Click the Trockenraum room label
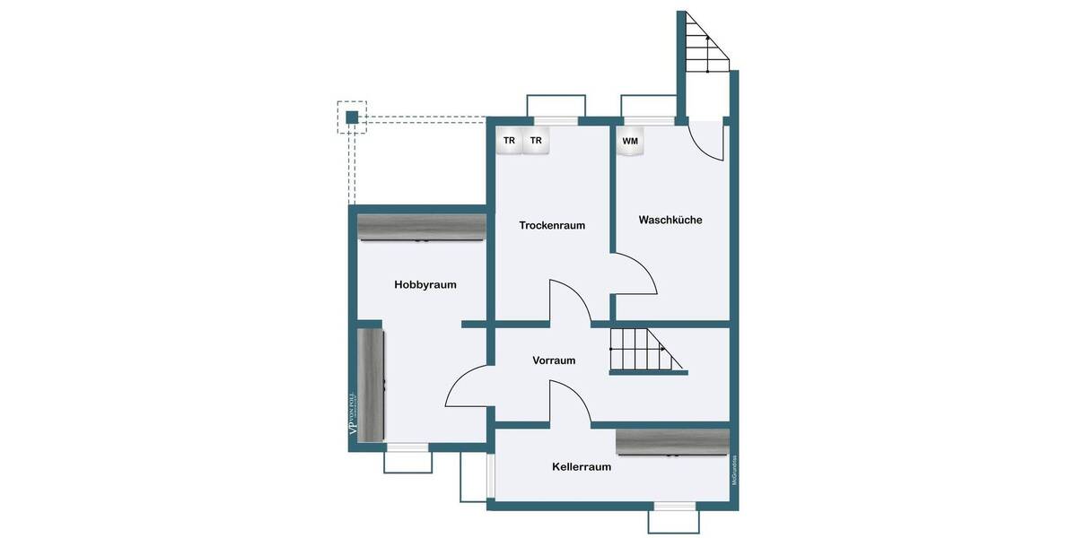(x=552, y=225)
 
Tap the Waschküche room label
(x=670, y=220)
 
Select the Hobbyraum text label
(x=425, y=285)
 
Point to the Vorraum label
(x=554, y=360)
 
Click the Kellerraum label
(x=582, y=466)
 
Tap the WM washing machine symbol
(x=630, y=142)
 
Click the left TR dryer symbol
(x=509, y=141)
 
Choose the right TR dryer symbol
(x=536, y=141)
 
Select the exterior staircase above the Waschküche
(x=705, y=45)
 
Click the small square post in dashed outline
(x=352, y=117)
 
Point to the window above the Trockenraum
(x=556, y=120)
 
